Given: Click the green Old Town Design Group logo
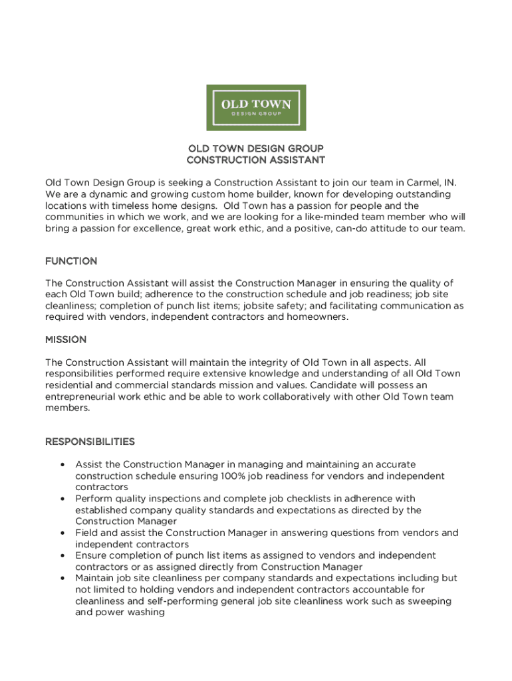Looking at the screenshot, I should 256,107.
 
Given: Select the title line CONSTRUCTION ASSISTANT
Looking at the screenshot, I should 256,160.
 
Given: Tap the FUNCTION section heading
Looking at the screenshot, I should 71,261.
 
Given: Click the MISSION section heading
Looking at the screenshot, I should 66,340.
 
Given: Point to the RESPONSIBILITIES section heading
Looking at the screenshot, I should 90,442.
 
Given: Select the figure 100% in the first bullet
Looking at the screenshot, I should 232,476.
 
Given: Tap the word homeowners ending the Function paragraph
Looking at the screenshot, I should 317,317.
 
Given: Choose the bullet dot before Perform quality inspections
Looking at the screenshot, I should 62,499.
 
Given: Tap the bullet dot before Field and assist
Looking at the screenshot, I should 62,533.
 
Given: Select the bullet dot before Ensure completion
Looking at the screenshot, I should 62,555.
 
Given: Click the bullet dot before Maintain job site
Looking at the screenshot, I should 62,578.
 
